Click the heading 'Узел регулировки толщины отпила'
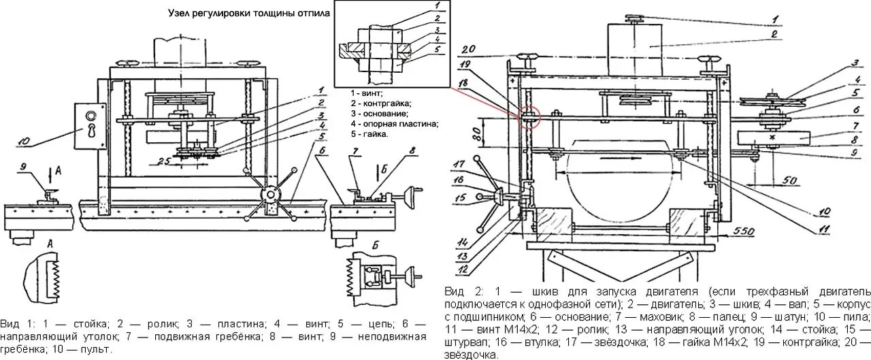pyautogui.click(x=249, y=14)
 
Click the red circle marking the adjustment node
pyautogui.click(x=529, y=116)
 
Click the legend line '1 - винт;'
pyautogui.click(x=367, y=92)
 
